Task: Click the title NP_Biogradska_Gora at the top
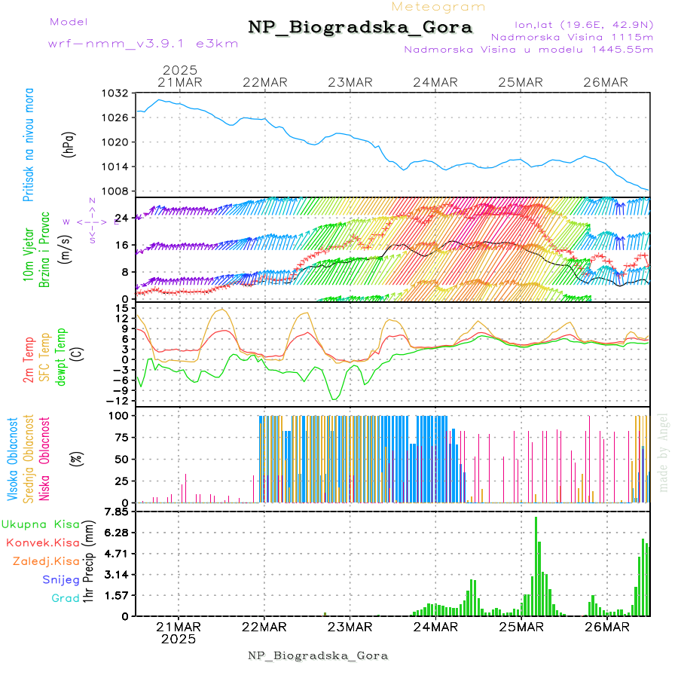click(360, 28)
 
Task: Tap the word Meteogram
click(438, 7)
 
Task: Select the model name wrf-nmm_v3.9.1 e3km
click(142, 44)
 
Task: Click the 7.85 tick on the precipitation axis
click(118, 512)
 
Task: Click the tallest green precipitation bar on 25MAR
click(536, 565)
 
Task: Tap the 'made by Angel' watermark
click(664, 452)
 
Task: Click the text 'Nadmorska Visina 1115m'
click(572, 36)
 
